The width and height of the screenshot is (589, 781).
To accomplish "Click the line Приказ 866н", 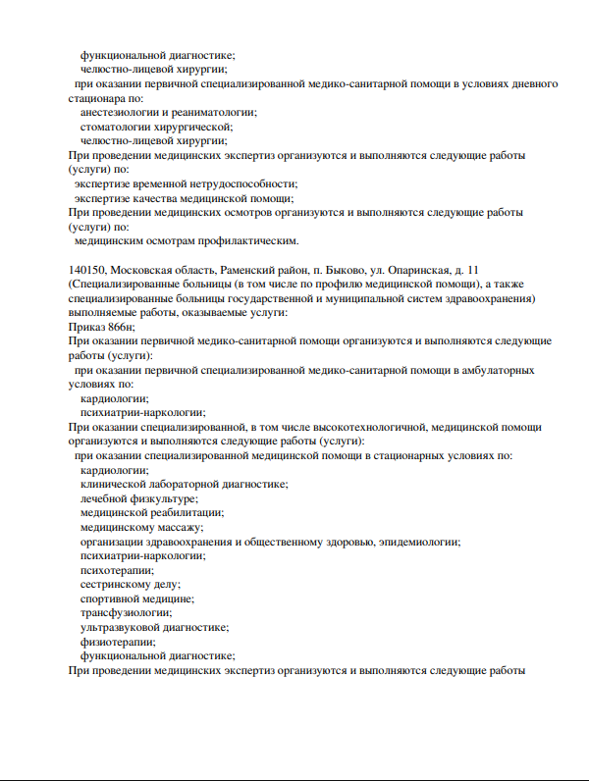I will pos(102,326).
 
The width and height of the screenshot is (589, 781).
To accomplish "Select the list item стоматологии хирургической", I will pos(156,127).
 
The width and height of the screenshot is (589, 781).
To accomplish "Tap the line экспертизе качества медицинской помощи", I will pos(184,197).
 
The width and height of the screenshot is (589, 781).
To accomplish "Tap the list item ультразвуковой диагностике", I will pos(154,627).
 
